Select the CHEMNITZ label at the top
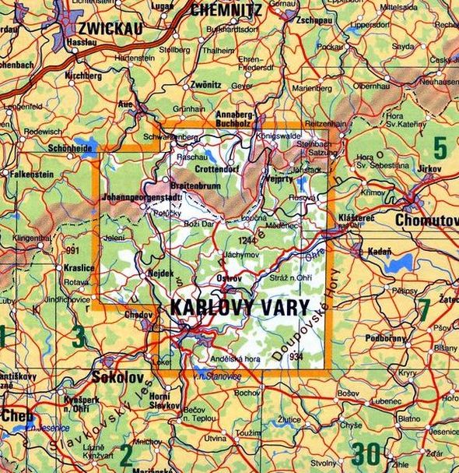[225, 10]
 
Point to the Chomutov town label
[427, 221]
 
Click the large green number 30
[366, 452]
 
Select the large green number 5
[440, 147]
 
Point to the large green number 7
[424, 309]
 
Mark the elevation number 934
[295, 356]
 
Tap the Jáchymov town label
[240, 255]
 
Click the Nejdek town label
[159, 274]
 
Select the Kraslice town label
[79, 267]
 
